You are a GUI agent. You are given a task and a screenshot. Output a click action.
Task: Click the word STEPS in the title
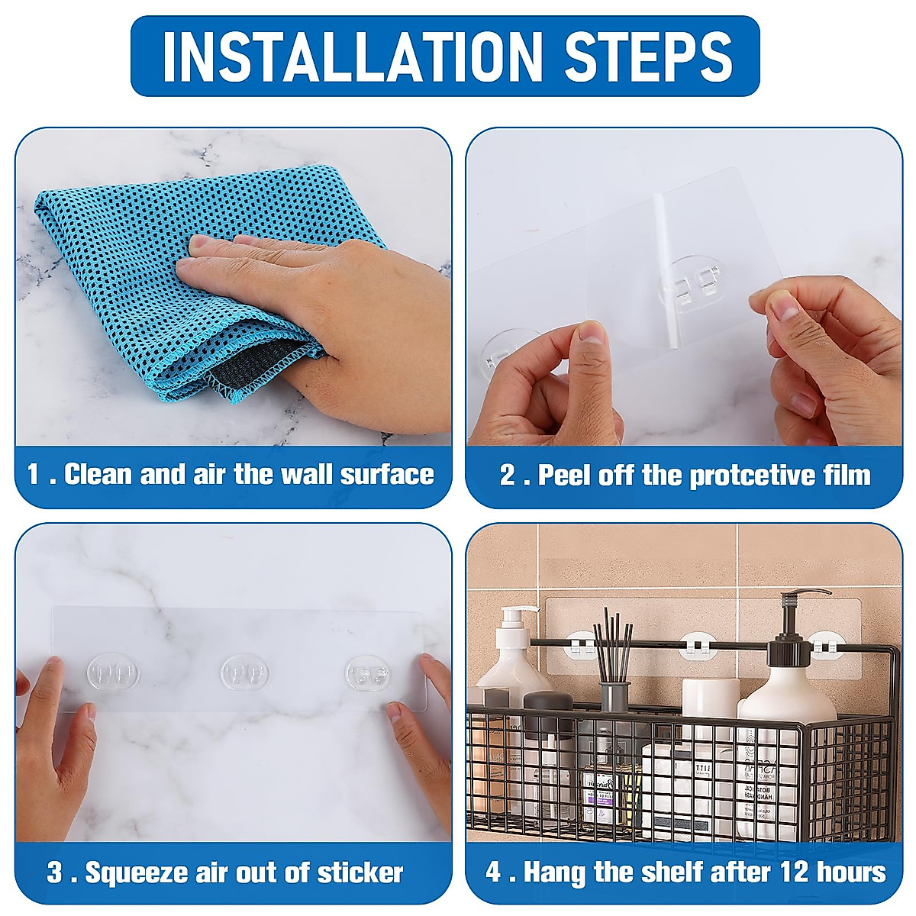click(x=648, y=57)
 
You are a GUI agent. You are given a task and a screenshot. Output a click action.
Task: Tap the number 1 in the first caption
click(x=33, y=474)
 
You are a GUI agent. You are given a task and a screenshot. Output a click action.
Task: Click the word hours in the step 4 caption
click(x=853, y=872)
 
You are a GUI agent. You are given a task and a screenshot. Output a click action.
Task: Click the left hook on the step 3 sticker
click(x=113, y=672)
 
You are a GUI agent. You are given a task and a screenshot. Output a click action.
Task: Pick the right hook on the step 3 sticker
click(x=369, y=672)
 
